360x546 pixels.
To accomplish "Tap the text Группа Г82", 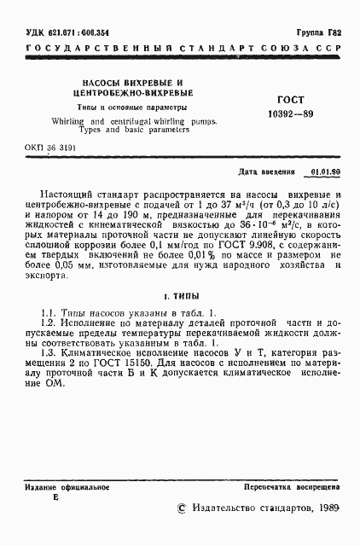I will click(317, 32).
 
